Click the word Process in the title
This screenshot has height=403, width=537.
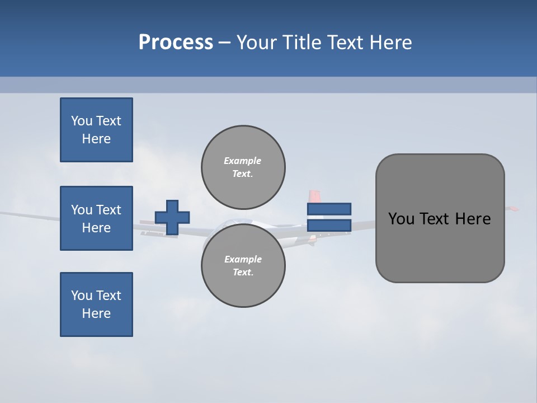(x=176, y=43)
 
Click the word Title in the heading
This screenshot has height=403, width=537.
(x=301, y=43)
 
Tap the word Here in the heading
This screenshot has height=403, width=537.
(x=391, y=43)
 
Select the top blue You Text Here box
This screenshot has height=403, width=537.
(x=96, y=130)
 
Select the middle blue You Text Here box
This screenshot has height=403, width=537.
(x=96, y=218)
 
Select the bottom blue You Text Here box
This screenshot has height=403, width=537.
(x=96, y=304)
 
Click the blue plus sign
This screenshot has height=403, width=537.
(x=172, y=217)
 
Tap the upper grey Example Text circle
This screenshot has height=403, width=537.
(x=243, y=167)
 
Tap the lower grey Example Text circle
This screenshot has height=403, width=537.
(x=243, y=265)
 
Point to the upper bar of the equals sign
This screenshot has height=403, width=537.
(x=329, y=209)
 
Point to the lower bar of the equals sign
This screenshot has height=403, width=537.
(x=329, y=225)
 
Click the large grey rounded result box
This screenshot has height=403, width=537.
(x=440, y=246)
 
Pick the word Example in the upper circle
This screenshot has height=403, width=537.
(x=242, y=161)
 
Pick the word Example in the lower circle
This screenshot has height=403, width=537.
(x=243, y=259)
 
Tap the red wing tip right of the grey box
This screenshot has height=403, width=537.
(x=512, y=209)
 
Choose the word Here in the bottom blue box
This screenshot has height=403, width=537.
(x=96, y=313)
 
